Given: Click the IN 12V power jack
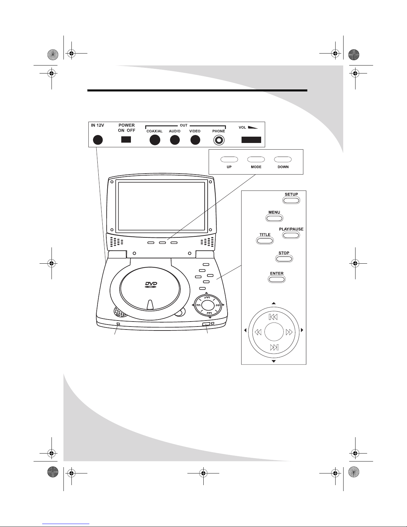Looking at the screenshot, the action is [98, 140].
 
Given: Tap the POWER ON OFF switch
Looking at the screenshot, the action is [126, 139].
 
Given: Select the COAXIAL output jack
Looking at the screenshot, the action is [155, 140].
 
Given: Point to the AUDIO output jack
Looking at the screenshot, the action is [175, 140].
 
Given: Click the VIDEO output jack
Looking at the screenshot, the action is [195, 140].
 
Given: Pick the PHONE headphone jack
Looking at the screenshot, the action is [219, 140].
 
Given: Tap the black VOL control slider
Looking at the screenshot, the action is [251, 140].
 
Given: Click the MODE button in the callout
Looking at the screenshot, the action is [256, 159].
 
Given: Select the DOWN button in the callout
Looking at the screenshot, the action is [283, 159].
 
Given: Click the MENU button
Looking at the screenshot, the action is [274, 218].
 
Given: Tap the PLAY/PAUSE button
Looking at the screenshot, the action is [291, 235].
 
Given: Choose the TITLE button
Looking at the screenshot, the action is [265, 241].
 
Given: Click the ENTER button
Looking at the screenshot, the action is [277, 279].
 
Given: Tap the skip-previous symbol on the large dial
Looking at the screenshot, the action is [273, 317].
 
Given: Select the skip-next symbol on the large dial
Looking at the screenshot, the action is [274, 347].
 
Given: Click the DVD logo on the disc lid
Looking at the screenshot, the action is [151, 285].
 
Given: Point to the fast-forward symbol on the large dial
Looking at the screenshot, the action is [289, 332].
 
